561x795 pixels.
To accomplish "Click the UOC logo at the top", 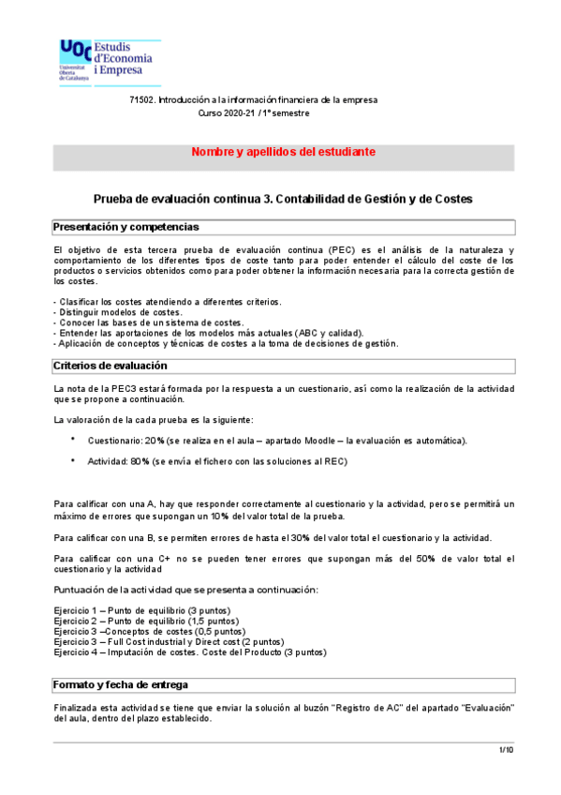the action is (x=110, y=61).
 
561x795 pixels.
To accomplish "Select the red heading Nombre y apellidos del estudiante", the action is (x=284, y=152).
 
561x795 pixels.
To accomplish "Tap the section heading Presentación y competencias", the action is (x=125, y=227).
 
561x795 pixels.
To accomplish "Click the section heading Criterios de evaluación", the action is (x=110, y=366).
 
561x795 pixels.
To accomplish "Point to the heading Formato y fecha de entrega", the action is (x=121, y=683).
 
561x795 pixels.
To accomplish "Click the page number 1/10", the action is (x=505, y=750).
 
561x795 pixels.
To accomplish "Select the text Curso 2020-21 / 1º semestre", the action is (x=253, y=112).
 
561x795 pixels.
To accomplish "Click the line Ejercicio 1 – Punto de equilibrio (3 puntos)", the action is (x=142, y=610).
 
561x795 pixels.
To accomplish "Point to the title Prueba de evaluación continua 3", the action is (x=283, y=199).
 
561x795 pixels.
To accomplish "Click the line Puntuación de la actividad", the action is (x=185, y=589).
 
